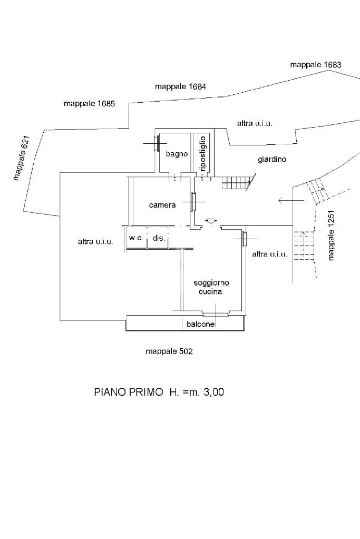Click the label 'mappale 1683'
[315, 64]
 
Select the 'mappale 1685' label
[89, 103]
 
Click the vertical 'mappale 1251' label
[331, 236]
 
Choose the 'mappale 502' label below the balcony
[169, 351]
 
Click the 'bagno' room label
[177, 154]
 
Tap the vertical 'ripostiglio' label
[203, 153]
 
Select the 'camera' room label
[162, 205]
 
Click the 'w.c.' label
[137, 238]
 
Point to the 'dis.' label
[159, 238]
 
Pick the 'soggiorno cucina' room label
[210, 287]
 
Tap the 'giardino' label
[272, 159]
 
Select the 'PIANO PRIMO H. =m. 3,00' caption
[159, 392]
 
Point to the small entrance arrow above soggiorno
[210, 221]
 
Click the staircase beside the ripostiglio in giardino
[235, 184]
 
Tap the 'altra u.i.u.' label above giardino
[255, 123]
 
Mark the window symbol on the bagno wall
[156, 143]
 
